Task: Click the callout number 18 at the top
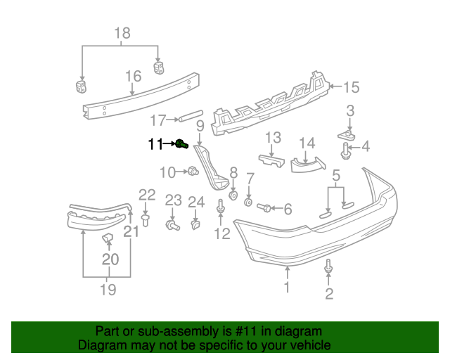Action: (122, 33)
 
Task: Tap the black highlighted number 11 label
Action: (155, 144)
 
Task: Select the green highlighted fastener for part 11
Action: (181, 144)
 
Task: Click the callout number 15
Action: (350, 87)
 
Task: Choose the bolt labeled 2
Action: (328, 267)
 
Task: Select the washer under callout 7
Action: (248, 202)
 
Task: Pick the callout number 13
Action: (273, 136)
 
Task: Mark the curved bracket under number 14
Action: (308, 165)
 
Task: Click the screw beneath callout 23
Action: (171, 225)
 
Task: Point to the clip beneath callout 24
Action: (195, 226)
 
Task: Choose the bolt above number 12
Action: (222, 207)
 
